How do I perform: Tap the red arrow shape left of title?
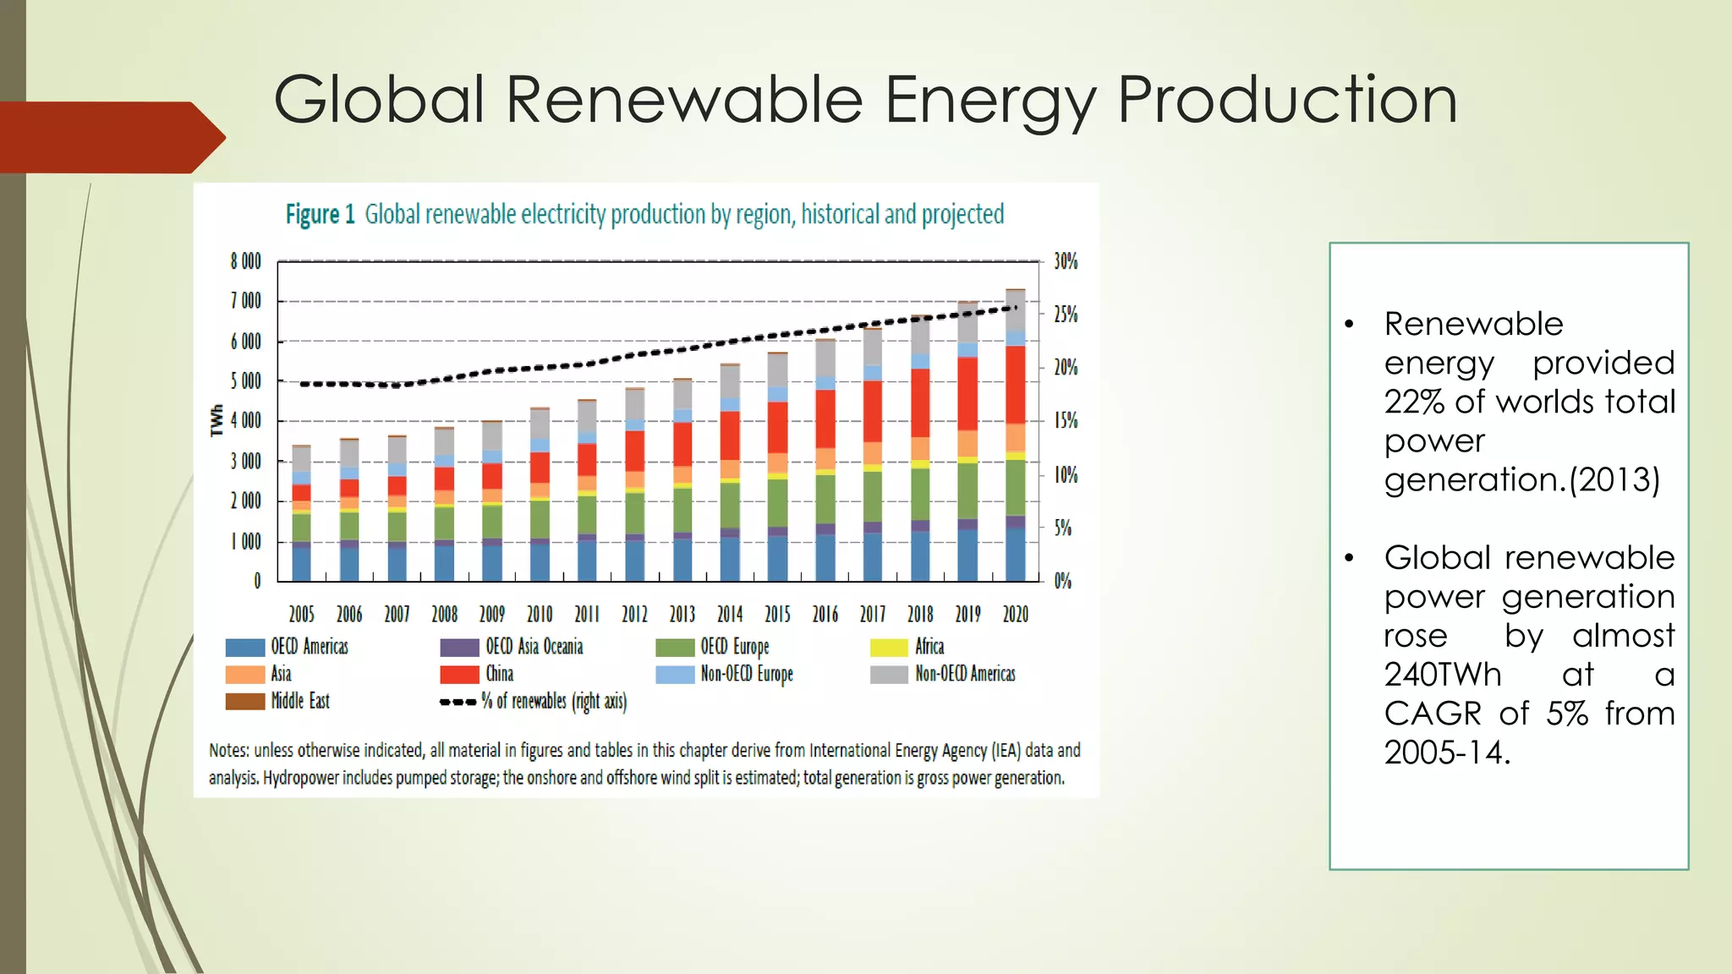110,137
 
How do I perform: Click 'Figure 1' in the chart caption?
320,215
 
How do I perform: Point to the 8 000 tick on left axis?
245,261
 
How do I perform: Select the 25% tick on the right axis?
1066,315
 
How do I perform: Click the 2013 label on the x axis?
682,614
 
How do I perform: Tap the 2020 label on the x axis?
1015,614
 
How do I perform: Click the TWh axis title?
216,420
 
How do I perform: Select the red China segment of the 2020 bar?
1015,385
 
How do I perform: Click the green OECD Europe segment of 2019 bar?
967,490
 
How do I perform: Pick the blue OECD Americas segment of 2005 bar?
301,563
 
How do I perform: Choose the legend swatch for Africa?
888,648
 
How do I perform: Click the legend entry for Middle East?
299,701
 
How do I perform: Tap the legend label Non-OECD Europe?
746,674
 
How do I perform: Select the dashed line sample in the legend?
458,702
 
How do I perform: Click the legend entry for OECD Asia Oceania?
534,647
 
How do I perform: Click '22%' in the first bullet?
1414,402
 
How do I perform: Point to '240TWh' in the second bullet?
1443,675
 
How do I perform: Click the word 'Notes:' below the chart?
229,750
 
